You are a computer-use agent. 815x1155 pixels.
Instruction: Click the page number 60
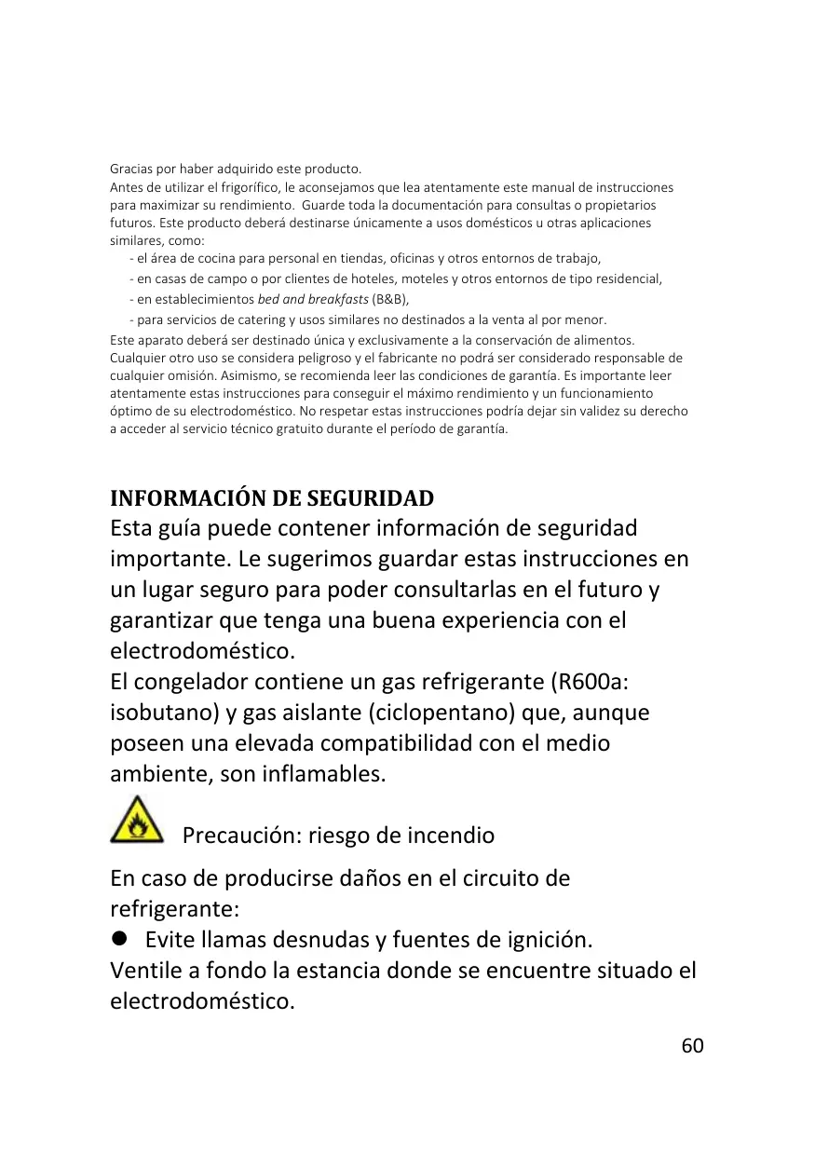692,1045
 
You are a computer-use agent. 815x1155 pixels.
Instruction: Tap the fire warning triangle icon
137,821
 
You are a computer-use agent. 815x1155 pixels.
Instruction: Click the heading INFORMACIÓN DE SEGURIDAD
272,497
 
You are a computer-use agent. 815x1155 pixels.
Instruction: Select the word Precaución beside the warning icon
235,835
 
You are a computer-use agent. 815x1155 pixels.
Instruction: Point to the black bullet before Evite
118,938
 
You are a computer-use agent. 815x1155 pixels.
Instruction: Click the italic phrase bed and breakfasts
312,299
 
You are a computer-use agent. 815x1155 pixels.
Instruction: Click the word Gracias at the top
130,170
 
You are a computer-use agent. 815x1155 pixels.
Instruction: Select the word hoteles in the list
378,279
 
